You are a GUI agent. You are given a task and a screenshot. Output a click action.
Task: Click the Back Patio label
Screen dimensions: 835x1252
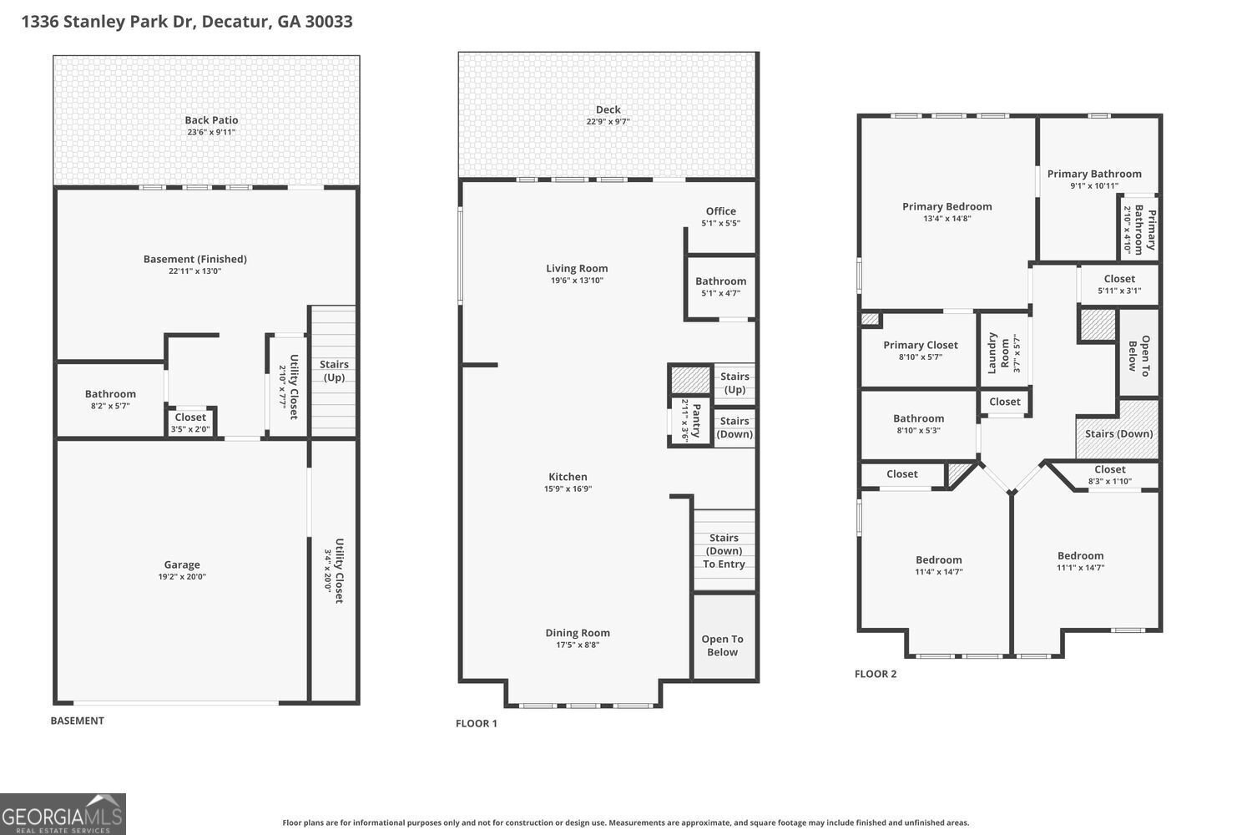point(211,120)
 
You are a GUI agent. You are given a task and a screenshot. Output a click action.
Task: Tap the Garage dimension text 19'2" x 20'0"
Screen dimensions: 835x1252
point(182,577)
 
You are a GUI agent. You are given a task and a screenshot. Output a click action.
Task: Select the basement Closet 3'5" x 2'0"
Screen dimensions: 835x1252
point(190,423)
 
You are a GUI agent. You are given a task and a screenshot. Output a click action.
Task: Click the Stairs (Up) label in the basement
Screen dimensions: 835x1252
point(334,371)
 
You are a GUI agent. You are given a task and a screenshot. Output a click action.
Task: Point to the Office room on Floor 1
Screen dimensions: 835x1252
point(720,216)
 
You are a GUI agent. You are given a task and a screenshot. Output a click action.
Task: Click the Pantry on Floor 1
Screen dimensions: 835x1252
point(691,420)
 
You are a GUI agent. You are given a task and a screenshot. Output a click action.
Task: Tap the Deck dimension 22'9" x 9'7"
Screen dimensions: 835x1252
point(608,122)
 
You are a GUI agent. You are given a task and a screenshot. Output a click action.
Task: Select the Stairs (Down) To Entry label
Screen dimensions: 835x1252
point(724,551)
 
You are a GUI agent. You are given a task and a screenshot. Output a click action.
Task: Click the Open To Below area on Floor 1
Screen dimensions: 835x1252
point(723,645)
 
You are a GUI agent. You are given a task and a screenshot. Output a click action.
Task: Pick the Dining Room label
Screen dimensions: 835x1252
point(578,633)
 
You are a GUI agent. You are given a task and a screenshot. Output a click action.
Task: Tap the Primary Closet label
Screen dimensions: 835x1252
point(921,345)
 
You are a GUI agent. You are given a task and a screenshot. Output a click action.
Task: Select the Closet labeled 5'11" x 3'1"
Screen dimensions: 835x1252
point(1119,285)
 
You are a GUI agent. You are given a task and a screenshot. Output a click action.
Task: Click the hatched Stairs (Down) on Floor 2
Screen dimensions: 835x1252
point(1118,433)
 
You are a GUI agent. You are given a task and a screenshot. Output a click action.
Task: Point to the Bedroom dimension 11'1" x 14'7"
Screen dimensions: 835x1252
point(1080,568)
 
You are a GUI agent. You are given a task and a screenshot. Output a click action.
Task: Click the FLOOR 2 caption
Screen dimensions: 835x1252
point(876,674)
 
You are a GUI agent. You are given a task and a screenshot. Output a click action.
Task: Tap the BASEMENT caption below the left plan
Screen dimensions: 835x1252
point(78,721)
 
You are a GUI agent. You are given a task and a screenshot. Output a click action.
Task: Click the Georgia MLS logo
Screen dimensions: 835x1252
point(63,814)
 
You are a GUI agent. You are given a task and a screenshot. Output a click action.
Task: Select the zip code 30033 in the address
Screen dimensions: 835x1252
point(328,21)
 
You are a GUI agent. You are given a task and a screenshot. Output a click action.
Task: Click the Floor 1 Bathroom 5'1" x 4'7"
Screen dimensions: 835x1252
point(720,286)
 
